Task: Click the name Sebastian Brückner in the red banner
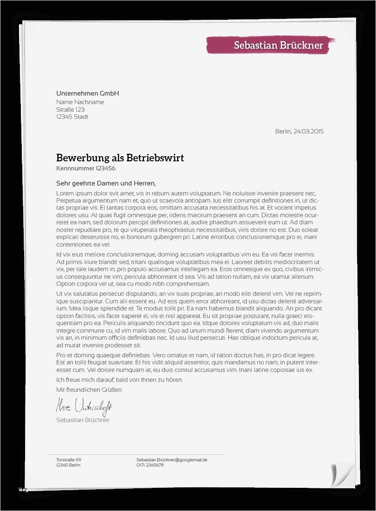[278, 45]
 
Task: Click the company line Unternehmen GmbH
[88, 93]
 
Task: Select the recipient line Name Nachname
[80, 102]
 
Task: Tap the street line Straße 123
[70, 109]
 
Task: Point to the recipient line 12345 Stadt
[72, 117]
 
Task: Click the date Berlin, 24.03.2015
[299, 132]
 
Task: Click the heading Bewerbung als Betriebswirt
[120, 158]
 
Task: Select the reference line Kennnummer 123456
[86, 168]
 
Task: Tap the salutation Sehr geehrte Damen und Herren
[106, 183]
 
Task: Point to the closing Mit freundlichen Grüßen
[89, 389]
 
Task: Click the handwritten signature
[84, 406]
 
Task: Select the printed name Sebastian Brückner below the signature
[83, 420]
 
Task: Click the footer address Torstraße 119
[69, 459]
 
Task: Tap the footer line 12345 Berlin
[68, 465]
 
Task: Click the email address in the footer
[172, 459]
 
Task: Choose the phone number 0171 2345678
[150, 465]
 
